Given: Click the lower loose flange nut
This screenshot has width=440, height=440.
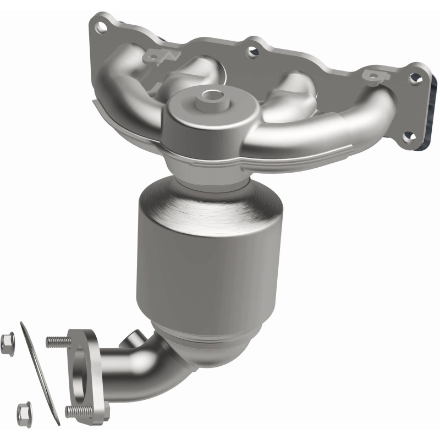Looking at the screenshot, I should (24, 410).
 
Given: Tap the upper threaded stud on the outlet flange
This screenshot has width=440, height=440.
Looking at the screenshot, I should (56, 342).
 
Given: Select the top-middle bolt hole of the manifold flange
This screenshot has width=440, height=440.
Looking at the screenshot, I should (252, 52).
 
